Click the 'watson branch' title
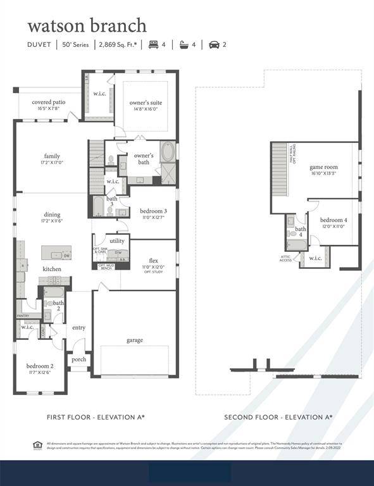coord(87,26)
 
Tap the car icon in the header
coord(214,45)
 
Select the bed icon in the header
coord(153,45)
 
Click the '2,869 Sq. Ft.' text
coord(120,45)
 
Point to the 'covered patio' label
coord(48,102)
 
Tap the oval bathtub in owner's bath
coord(168,152)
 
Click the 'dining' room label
coord(52,215)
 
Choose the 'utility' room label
coord(117,241)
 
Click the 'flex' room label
coord(153,261)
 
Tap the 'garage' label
coord(134,340)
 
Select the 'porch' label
coord(79,359)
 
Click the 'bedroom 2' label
coord(39,366)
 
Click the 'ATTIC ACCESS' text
coord(286,258)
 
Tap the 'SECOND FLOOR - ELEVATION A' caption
coord(278,417)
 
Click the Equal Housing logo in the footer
coord(37,445)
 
